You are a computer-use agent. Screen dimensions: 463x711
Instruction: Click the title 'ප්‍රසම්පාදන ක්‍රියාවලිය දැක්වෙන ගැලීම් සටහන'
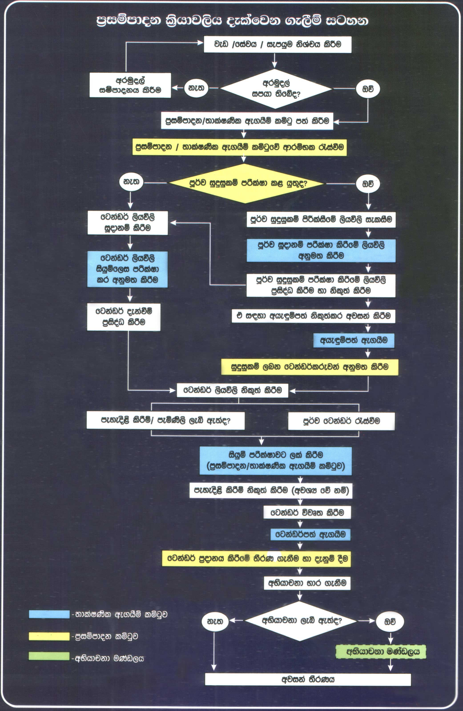coord(232,20)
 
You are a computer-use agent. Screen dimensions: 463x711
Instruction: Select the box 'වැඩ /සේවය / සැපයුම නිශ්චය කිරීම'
coord(278,44)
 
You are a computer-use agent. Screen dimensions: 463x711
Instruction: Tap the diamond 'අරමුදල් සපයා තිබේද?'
coord(276,89)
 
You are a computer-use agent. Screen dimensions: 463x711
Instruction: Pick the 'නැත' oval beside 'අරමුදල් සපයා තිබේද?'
coord(196,88)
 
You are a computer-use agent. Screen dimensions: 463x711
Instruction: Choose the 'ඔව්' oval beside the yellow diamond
coord(368,184)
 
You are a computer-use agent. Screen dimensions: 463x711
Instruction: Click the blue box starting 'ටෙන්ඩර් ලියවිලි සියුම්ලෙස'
coord(127,269)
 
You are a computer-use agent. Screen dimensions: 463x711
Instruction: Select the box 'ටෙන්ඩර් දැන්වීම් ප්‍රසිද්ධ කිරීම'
coord(124,317)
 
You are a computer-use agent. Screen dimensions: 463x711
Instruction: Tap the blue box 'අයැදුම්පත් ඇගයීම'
coord(354,340)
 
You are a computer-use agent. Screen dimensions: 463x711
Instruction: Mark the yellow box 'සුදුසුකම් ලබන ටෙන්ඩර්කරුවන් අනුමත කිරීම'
coord(310,367)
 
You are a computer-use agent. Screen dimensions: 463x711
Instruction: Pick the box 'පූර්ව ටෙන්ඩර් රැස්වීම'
coord(341,421)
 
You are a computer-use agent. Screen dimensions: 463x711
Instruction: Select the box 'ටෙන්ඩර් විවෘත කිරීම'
coord(307,512)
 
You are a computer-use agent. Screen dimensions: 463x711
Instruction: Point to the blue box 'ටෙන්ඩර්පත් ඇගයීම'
coord(310,534)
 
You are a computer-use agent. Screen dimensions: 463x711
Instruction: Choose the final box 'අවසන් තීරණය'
coord(308,679)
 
